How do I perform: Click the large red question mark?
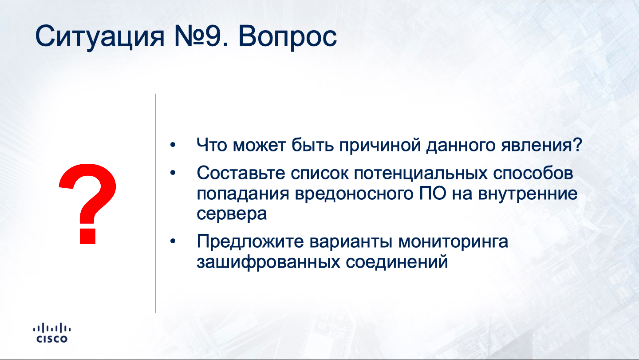tap(88, 204)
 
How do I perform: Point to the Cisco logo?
tap(51, 332)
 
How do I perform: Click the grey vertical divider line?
tap(155, 203)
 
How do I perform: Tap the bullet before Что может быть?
tap(173, 145)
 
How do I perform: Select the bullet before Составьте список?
tap(173, 173)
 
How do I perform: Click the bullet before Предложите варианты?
tap(173, 241)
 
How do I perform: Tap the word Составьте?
tap(241, 173)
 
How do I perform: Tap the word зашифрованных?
tap(268, 262)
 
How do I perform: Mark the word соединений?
tap(397, 262)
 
